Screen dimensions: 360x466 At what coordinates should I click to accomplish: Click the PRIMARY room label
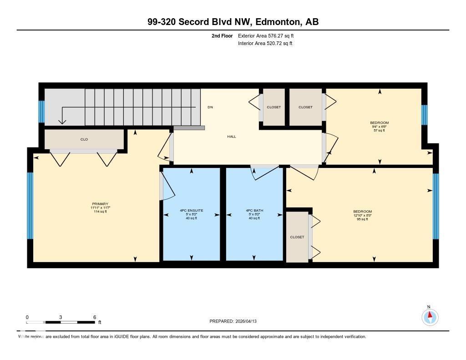point(100,204)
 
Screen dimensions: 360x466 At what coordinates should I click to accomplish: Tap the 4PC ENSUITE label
point(191,211)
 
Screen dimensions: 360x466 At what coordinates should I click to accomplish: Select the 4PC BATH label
point(254,211)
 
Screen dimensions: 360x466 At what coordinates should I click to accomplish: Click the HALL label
point(232,137)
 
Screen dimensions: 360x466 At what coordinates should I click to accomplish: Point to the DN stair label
point(210,107)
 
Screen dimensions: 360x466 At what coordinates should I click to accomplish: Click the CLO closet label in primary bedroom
point(84,139)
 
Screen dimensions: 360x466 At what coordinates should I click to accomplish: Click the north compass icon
point(430,316)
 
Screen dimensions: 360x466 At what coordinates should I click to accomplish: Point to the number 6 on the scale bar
point(94,317)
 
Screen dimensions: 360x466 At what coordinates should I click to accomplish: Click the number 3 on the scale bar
point(61,317)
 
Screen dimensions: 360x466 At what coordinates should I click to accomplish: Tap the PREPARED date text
point(236,321)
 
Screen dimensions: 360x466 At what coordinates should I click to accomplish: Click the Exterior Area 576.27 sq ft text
point(269,35)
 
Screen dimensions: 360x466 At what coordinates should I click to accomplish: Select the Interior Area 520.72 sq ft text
point(265,44)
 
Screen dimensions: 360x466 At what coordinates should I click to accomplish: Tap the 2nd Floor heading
point(222,35)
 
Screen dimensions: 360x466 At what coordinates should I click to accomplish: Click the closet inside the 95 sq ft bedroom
point(297,237)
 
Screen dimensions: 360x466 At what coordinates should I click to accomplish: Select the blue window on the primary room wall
point(30,206)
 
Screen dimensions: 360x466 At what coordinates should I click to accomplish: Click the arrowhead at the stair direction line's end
point(62,122)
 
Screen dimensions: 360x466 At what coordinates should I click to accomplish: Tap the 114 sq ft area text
point(100,212)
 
